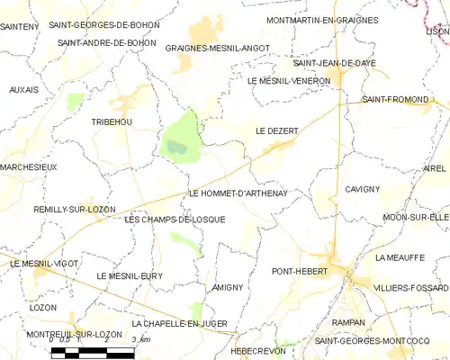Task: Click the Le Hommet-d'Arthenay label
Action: pos(238,193)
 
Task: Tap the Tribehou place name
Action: pos(112,121)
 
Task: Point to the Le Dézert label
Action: pos(276,130)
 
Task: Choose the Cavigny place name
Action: pos(362,189)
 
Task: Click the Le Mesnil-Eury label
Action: pos(128,275)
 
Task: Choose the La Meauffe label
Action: pos(399,257)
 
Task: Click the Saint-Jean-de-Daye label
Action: pos(334,63)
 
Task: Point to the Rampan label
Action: pos(346,321)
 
